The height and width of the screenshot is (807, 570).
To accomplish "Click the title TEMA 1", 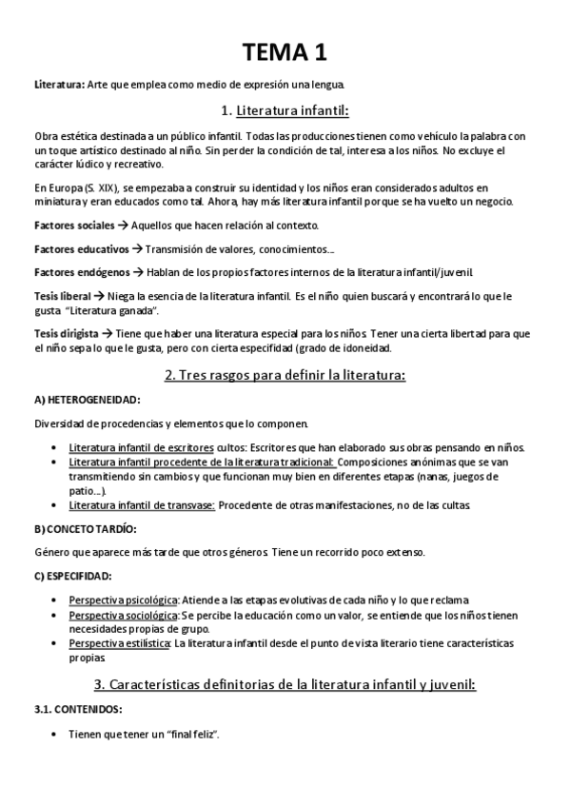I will click(x=285, y=51).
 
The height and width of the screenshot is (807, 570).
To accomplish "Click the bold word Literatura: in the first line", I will click(x=59, y=86).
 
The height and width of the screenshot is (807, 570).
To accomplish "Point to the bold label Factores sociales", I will click(x=73, y=226).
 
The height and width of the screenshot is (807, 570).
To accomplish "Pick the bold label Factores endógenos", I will click(x=80, y=273).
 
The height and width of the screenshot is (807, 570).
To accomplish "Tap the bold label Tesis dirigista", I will click(x=67, y=334).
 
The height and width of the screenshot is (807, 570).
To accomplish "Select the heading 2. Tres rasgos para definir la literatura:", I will click(x=285, y=375).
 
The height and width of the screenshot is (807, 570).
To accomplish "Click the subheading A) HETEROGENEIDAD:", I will click(x=87, y=400).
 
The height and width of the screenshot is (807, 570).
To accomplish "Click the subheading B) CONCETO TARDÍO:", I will click(x=85, y=528).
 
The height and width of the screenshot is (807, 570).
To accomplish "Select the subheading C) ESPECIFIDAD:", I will click(x=73, y=576).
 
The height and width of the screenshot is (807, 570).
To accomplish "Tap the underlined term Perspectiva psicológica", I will click(x=123, y=600).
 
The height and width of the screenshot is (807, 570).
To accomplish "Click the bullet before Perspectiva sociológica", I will click(x=50, y=617).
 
